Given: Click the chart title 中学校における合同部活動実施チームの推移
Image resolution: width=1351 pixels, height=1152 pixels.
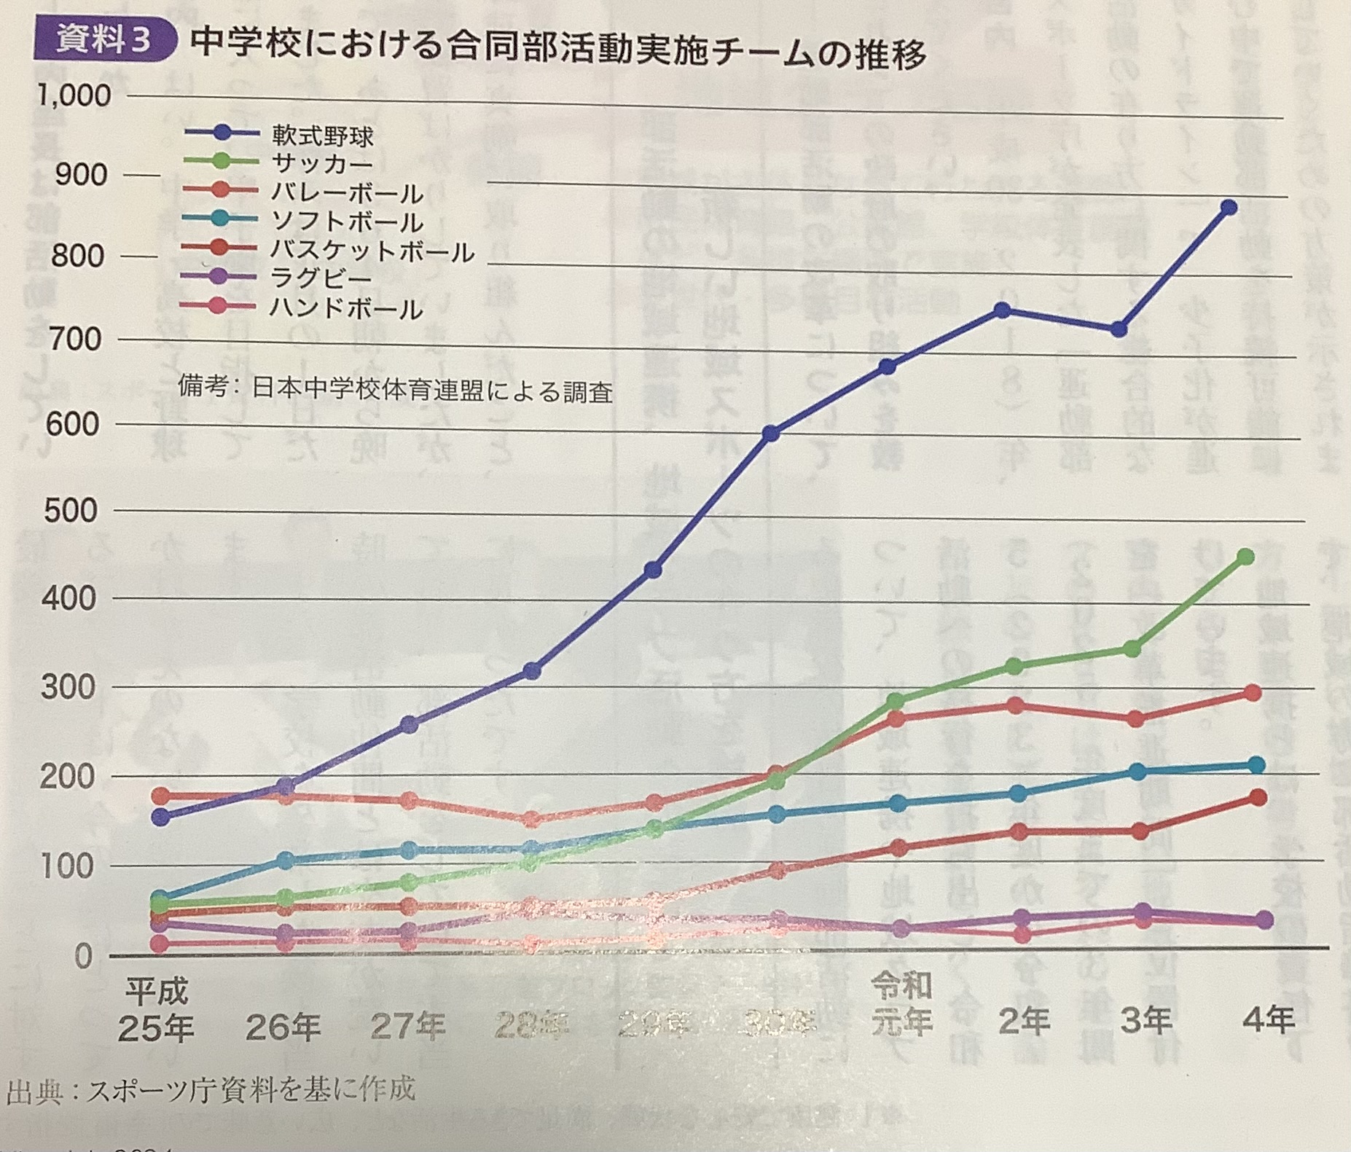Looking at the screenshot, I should coord(557,50).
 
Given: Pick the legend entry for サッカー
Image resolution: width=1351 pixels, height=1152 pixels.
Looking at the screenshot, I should coord(321,164).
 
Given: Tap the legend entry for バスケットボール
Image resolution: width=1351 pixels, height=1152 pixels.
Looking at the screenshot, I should coord(372,251).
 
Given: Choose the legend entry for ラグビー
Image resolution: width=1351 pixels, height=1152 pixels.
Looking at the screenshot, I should coord(321,278).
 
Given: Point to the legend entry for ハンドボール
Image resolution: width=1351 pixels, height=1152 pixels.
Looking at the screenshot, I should coord(345,308).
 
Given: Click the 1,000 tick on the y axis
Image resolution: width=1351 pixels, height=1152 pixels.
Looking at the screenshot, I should coord(74,95).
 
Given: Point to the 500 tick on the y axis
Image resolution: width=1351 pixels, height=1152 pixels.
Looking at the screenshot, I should coord(71,511).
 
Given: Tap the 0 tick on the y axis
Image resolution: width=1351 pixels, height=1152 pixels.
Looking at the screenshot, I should coord(83,956).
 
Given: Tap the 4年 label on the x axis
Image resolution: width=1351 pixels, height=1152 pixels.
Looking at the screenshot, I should coord(1268,1020).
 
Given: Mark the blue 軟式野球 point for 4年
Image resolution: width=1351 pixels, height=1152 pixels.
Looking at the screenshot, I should coord(1229,208).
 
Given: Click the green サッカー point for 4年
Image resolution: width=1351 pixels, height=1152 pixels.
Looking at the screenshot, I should coord(1246,557).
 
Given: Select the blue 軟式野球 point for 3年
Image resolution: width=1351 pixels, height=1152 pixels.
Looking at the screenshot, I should coord(1119,330).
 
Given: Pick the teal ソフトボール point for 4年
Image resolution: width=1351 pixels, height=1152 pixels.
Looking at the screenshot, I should coord(1256,764).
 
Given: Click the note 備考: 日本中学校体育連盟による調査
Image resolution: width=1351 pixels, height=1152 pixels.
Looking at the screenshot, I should coord(395,389).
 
